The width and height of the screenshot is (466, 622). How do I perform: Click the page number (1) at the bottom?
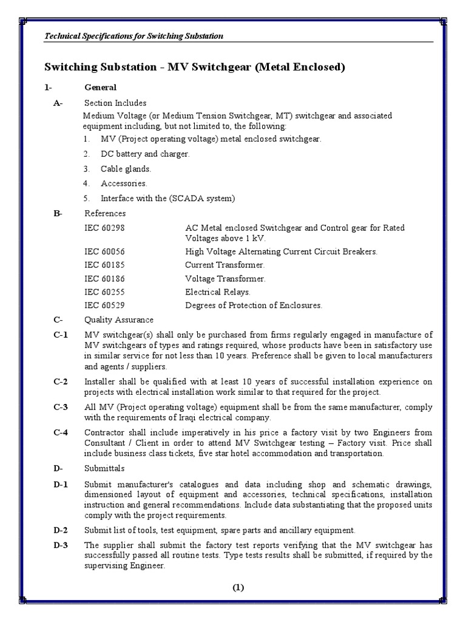(x=237, y=587)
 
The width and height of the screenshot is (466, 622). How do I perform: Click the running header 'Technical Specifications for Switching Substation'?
(x=135, y=36)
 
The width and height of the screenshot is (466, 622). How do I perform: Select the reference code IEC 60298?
(x=107, y=227)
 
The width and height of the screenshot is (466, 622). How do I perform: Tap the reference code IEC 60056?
(x=107, y=251)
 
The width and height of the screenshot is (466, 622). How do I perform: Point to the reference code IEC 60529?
(x=107, y=305)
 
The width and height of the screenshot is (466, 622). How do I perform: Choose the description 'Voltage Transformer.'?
(x=225, y=278)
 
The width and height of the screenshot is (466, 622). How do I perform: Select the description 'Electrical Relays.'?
(x=217, y=292)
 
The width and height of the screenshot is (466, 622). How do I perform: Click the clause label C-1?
(x=61, y=335)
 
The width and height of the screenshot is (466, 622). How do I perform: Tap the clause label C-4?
(x=61, y=432)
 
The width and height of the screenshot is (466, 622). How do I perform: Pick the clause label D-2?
(x=61, y=530)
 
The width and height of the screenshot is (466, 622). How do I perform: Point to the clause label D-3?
(x=61, y=544)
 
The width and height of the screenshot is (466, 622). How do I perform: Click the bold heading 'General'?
(x=101, y=87)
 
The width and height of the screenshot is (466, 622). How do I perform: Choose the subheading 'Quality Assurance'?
(x=119, y=320)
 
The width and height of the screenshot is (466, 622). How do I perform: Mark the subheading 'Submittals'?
(x=104, y=468)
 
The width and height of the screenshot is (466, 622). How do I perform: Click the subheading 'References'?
(x=104, y=213)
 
